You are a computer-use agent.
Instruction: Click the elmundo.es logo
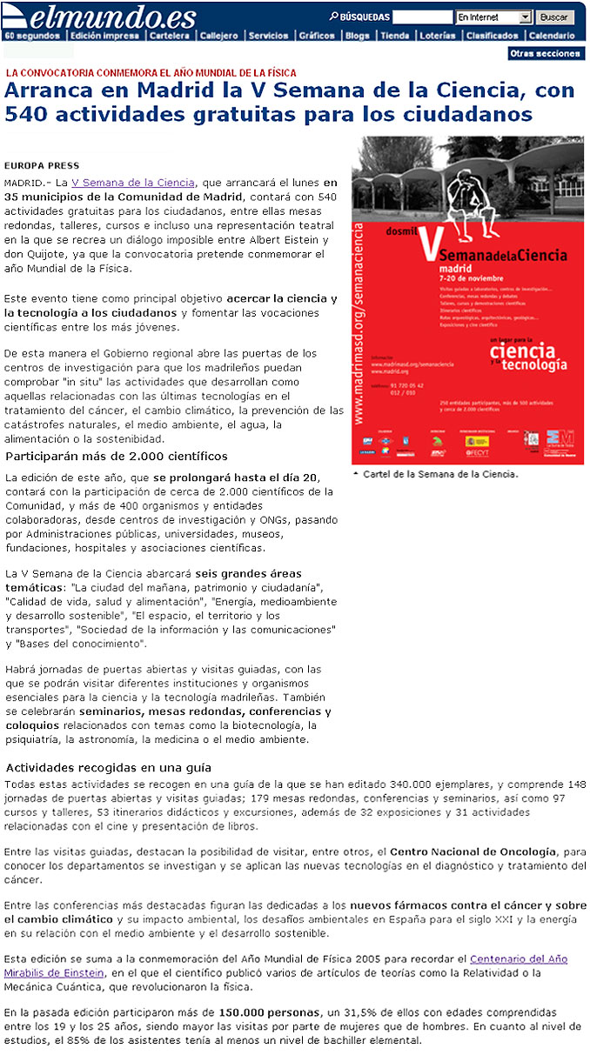(100, 16)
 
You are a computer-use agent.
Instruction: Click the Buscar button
(553, 17)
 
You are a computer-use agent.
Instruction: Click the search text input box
(422, 17)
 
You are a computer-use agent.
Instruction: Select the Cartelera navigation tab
(169, 36)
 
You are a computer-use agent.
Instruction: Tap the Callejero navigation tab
(218, 36)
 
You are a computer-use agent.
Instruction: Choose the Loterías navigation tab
(436, 36)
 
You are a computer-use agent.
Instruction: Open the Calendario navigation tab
(551, 36)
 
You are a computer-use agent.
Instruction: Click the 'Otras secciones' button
(545, 54)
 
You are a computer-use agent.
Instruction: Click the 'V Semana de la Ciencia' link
(133, 183)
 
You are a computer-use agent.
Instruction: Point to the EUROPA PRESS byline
(42, 165)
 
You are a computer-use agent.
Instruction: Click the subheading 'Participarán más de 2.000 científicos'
(117, 456)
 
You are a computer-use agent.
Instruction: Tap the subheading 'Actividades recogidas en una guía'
(109, 768)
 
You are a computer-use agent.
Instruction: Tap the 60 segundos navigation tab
(31, 36)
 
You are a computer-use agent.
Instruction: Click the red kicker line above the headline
(151, 73)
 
